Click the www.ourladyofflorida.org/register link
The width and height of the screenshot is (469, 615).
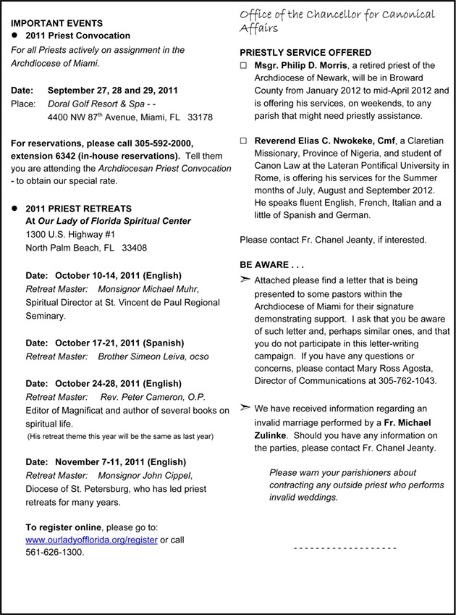click(x=91, y=540)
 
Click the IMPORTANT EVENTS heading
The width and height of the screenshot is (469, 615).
click(x=56, y=24)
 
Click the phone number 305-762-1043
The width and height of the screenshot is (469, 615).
click(x=411, y=380)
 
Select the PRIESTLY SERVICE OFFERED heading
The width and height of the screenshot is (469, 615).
click(x=305, y=53)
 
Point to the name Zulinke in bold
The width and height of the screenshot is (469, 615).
click(x=274, y=435)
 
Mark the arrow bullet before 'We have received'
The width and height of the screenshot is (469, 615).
click(x=245, y=409)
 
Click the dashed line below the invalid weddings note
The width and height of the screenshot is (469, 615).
click(x=345, y=548)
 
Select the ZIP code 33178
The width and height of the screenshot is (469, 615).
click(x=200, y=117)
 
